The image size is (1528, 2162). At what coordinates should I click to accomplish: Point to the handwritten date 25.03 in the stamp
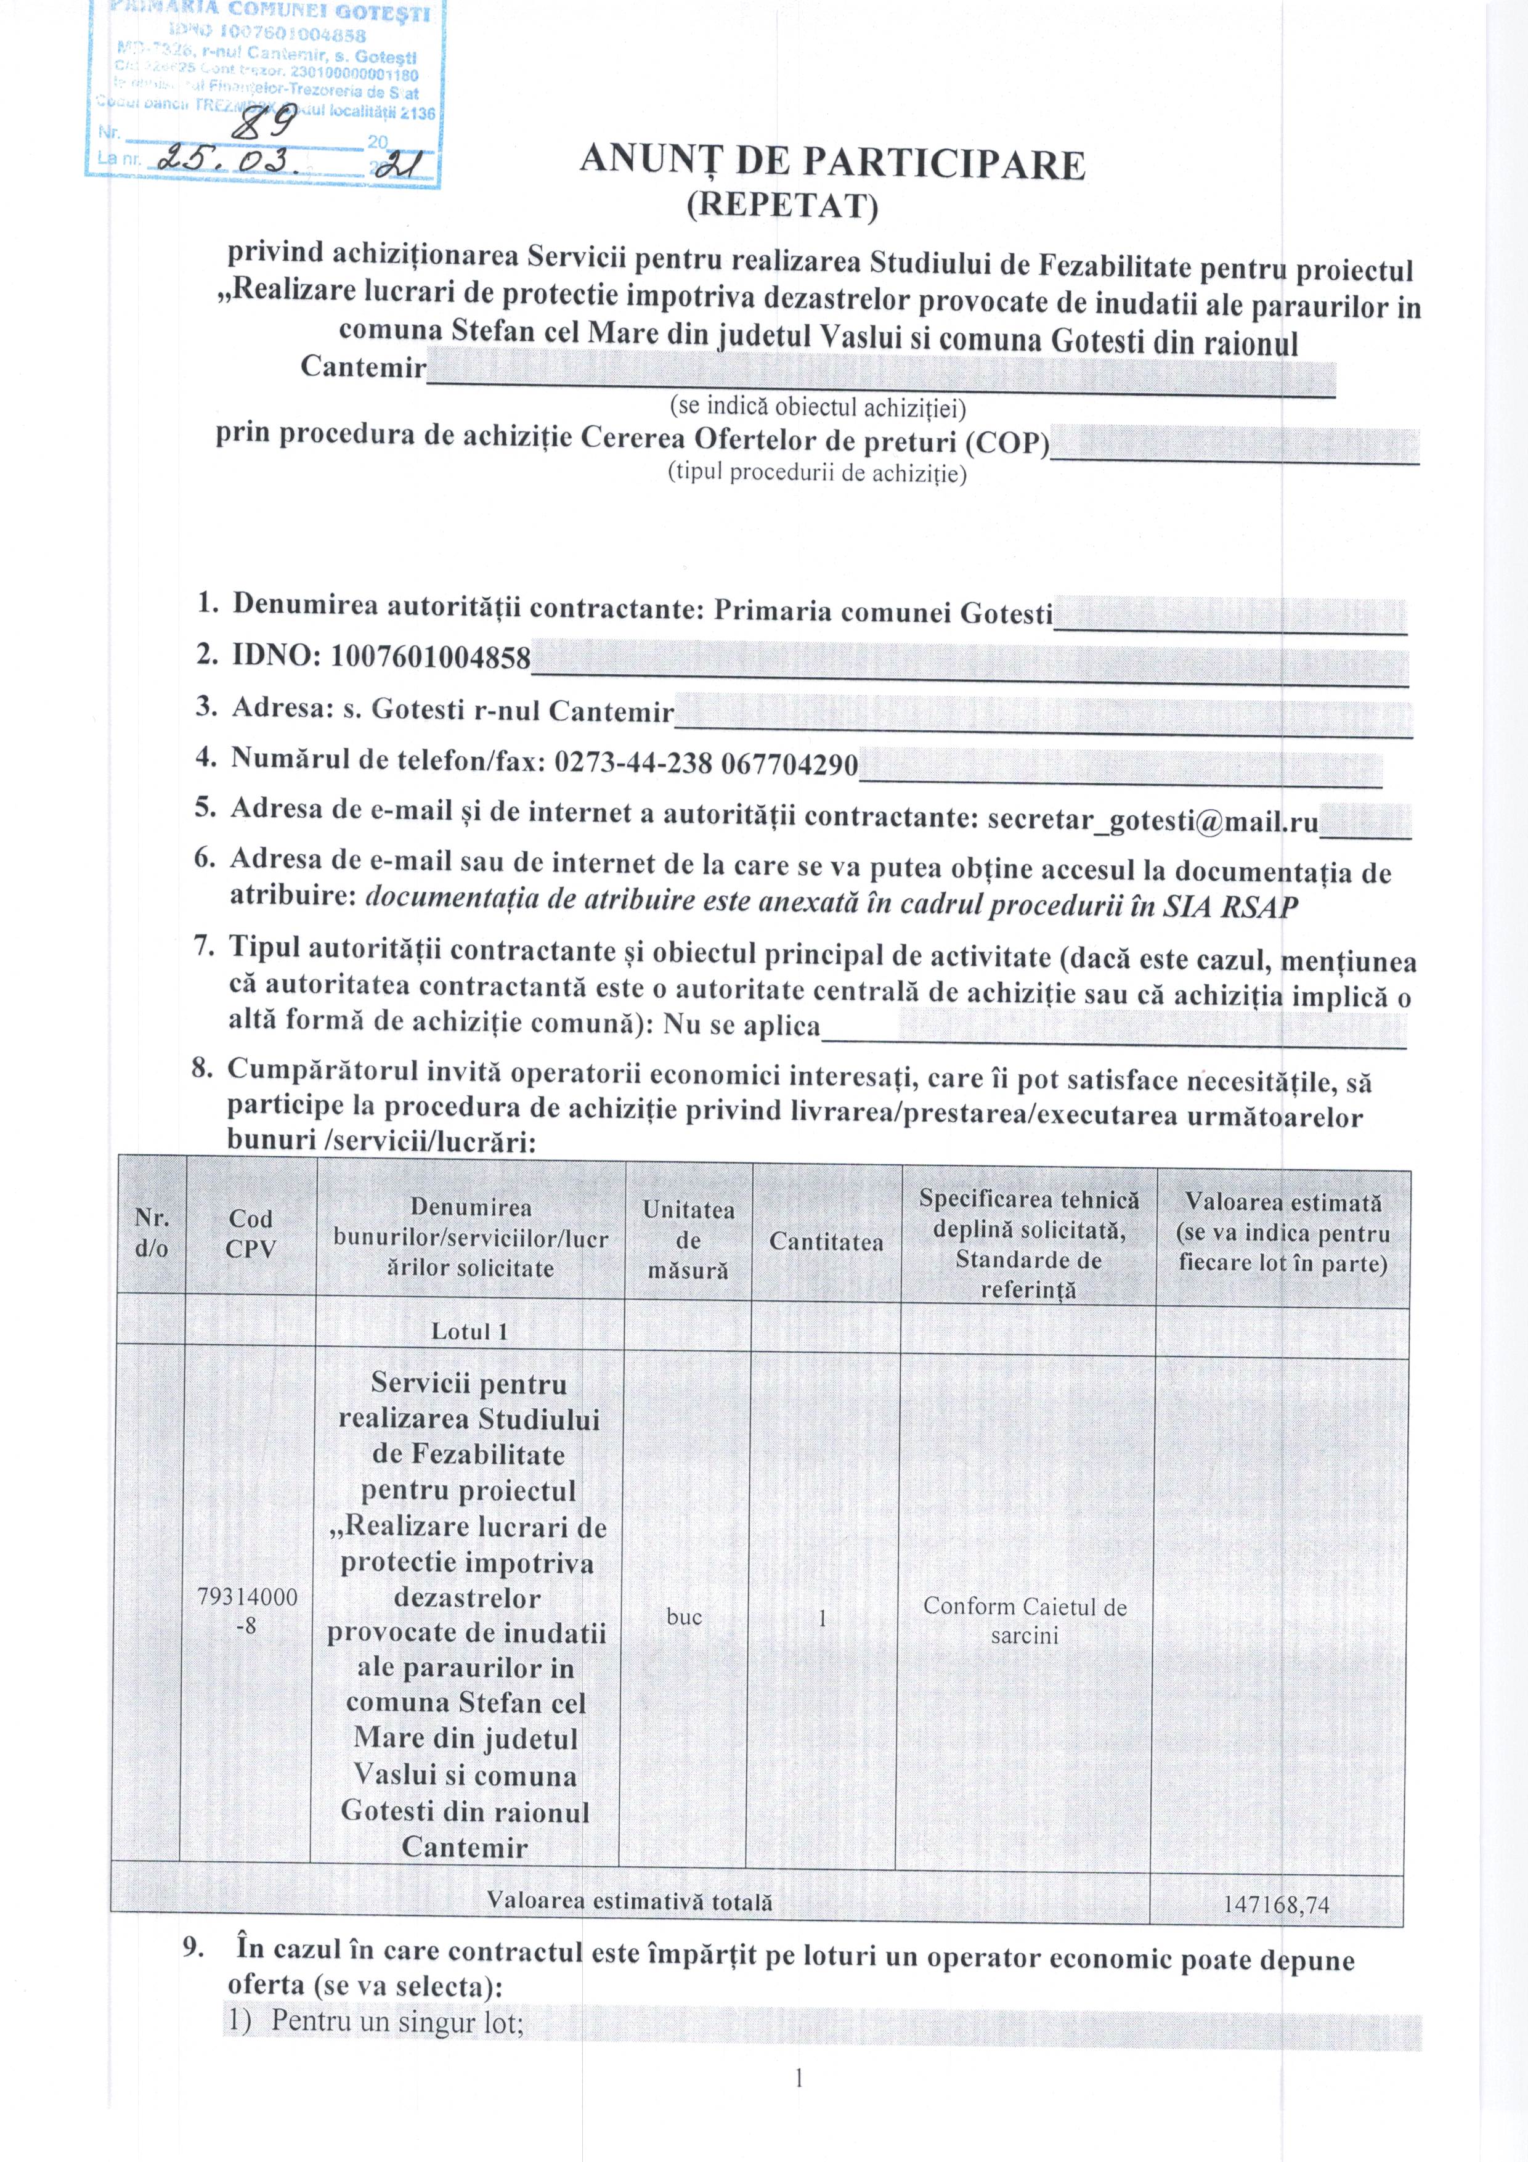[246, 162]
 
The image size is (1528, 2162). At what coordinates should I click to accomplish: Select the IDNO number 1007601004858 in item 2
[430, 657]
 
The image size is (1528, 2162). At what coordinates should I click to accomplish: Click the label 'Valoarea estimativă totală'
[629, 1901]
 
